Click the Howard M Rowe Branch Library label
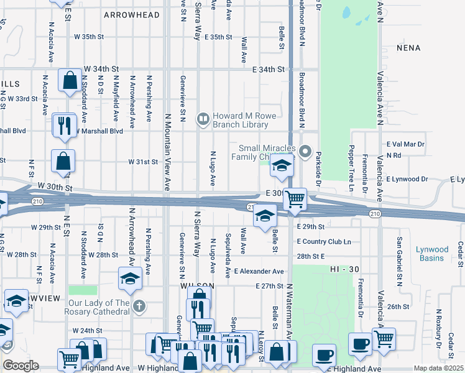(241, 120)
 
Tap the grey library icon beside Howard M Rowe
(203, 118)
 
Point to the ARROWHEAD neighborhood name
(127, 14)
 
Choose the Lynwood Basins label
(432, 254)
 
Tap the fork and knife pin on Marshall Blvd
(64, 124)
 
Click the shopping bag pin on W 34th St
(70, 80)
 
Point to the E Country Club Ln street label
(324, 241)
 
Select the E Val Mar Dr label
(405, 144)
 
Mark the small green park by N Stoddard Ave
(83, 290)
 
